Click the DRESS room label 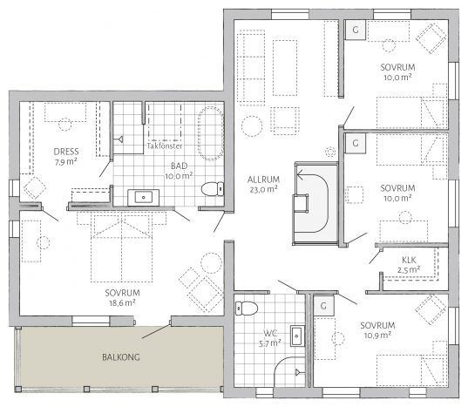(66, 152)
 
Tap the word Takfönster (165, 146)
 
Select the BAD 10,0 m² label (179, 171)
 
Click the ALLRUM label (263, 180)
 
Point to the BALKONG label (121, 357)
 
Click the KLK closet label (409, 260)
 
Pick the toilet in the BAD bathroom (212, 189)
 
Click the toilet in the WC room (247, 308)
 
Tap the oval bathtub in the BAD (211, 133)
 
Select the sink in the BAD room (143, 197)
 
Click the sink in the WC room (297, 336)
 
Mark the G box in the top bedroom (356, 30)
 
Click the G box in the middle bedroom (356, 143)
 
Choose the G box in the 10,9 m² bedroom (323, 306)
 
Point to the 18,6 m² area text (122, 303)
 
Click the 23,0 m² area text (263, 189)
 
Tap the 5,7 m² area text (269, 343)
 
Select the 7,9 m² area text (65, 162)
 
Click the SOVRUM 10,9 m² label (377, 330)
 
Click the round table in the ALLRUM (252, 126)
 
